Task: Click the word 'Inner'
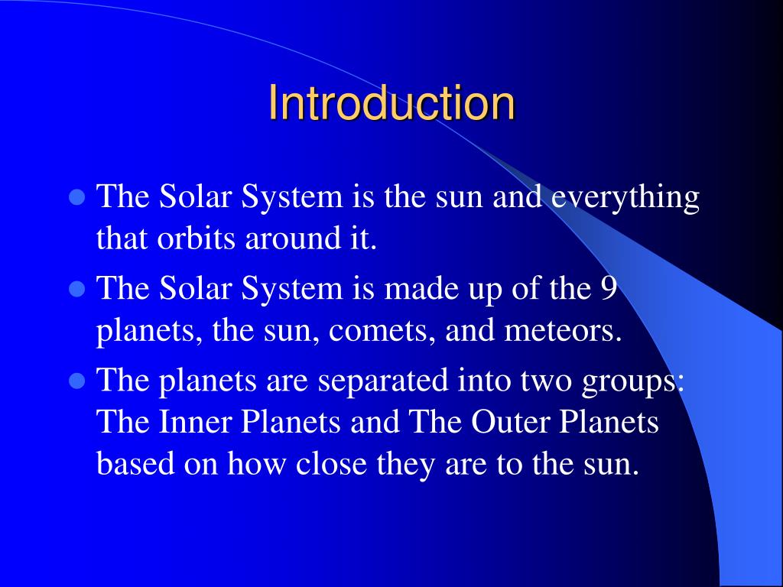pyautogui.click(x=188, y=423)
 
